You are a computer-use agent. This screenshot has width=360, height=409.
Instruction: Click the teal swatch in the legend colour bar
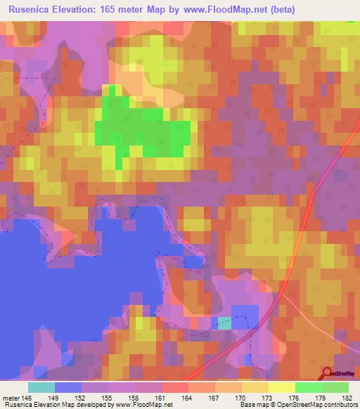click(41, 387)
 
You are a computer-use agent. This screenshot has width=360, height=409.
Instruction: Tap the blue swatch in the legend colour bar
click(68, 387)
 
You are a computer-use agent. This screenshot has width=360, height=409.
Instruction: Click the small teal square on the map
click(224, 323)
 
